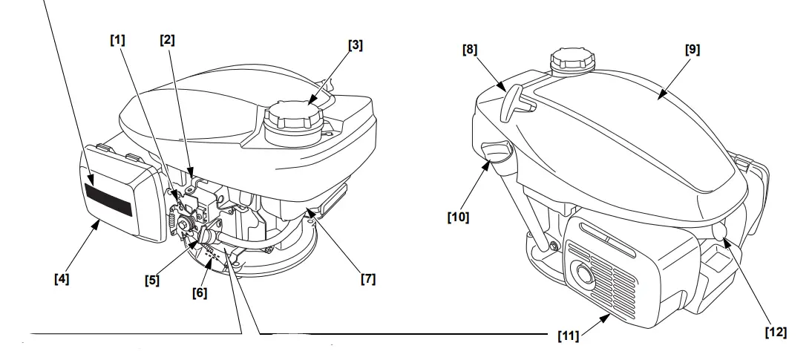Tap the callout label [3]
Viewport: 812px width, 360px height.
(x=356, y=46)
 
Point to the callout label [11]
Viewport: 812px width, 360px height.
(x=569, y=336)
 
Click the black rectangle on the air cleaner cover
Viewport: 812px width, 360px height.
(x=108, y=200)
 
